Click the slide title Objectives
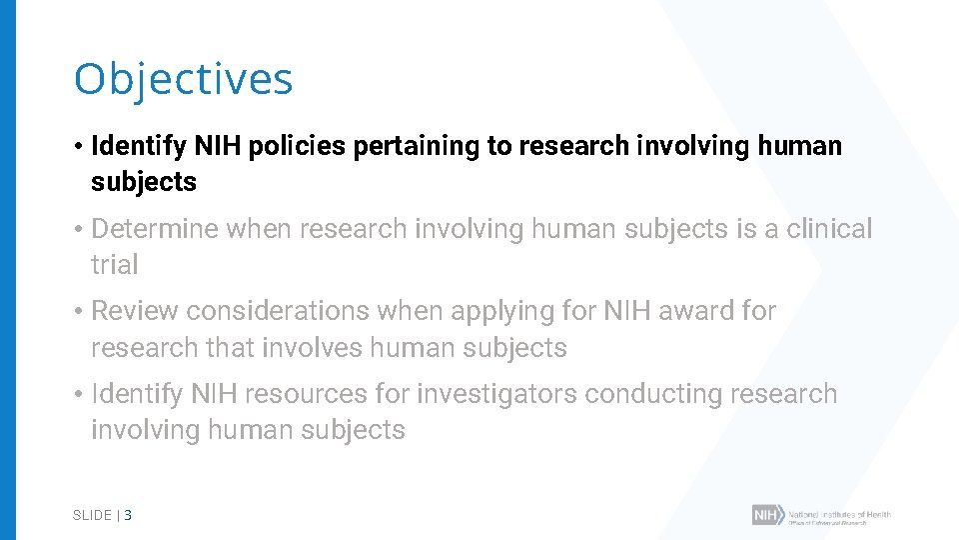coord(183,79)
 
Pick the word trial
coord(114,265)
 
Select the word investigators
coord(496,394)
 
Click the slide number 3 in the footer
coord(128,516)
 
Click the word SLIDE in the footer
coord(92,516)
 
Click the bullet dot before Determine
coord(77,229)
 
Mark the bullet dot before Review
coord(77,311)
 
